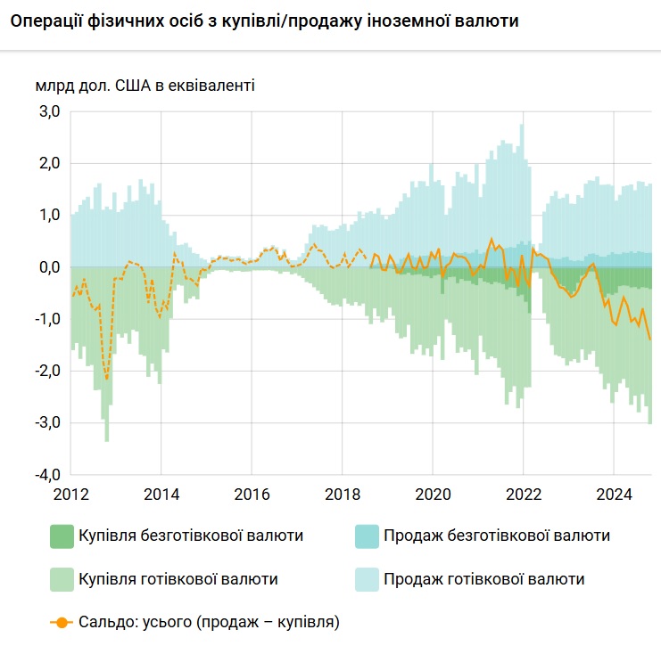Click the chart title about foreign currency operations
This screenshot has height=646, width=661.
click(264, 20)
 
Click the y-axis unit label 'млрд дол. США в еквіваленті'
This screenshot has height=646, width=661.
click(145, 86)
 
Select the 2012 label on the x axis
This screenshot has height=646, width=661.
click(70, 493)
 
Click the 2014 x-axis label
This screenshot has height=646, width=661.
click(161, 493)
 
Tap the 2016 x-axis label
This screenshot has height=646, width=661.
click(251, 493)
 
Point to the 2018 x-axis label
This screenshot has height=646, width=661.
click(342, 493)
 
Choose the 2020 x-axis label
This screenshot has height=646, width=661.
click(432, 493)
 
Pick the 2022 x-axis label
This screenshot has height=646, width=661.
click(523, 493)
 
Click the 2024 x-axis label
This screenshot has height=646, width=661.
click(614, 493)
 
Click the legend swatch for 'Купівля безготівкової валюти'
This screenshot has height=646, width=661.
click(62, 536)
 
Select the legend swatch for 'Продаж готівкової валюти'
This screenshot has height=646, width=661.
click(366, 579)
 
